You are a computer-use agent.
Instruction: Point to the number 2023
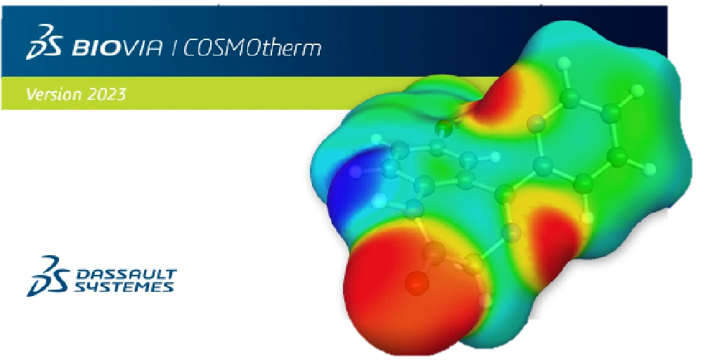point(107,94)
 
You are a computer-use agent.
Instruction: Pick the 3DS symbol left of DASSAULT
point(50,276)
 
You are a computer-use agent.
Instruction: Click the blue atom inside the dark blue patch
point(356,170)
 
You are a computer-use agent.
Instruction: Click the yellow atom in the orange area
point(475,266)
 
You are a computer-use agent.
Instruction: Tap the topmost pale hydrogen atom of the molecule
point(564,63)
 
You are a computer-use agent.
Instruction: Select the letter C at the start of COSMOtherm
point(192,49)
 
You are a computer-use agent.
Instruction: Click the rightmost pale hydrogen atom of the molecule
point(650,168)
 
